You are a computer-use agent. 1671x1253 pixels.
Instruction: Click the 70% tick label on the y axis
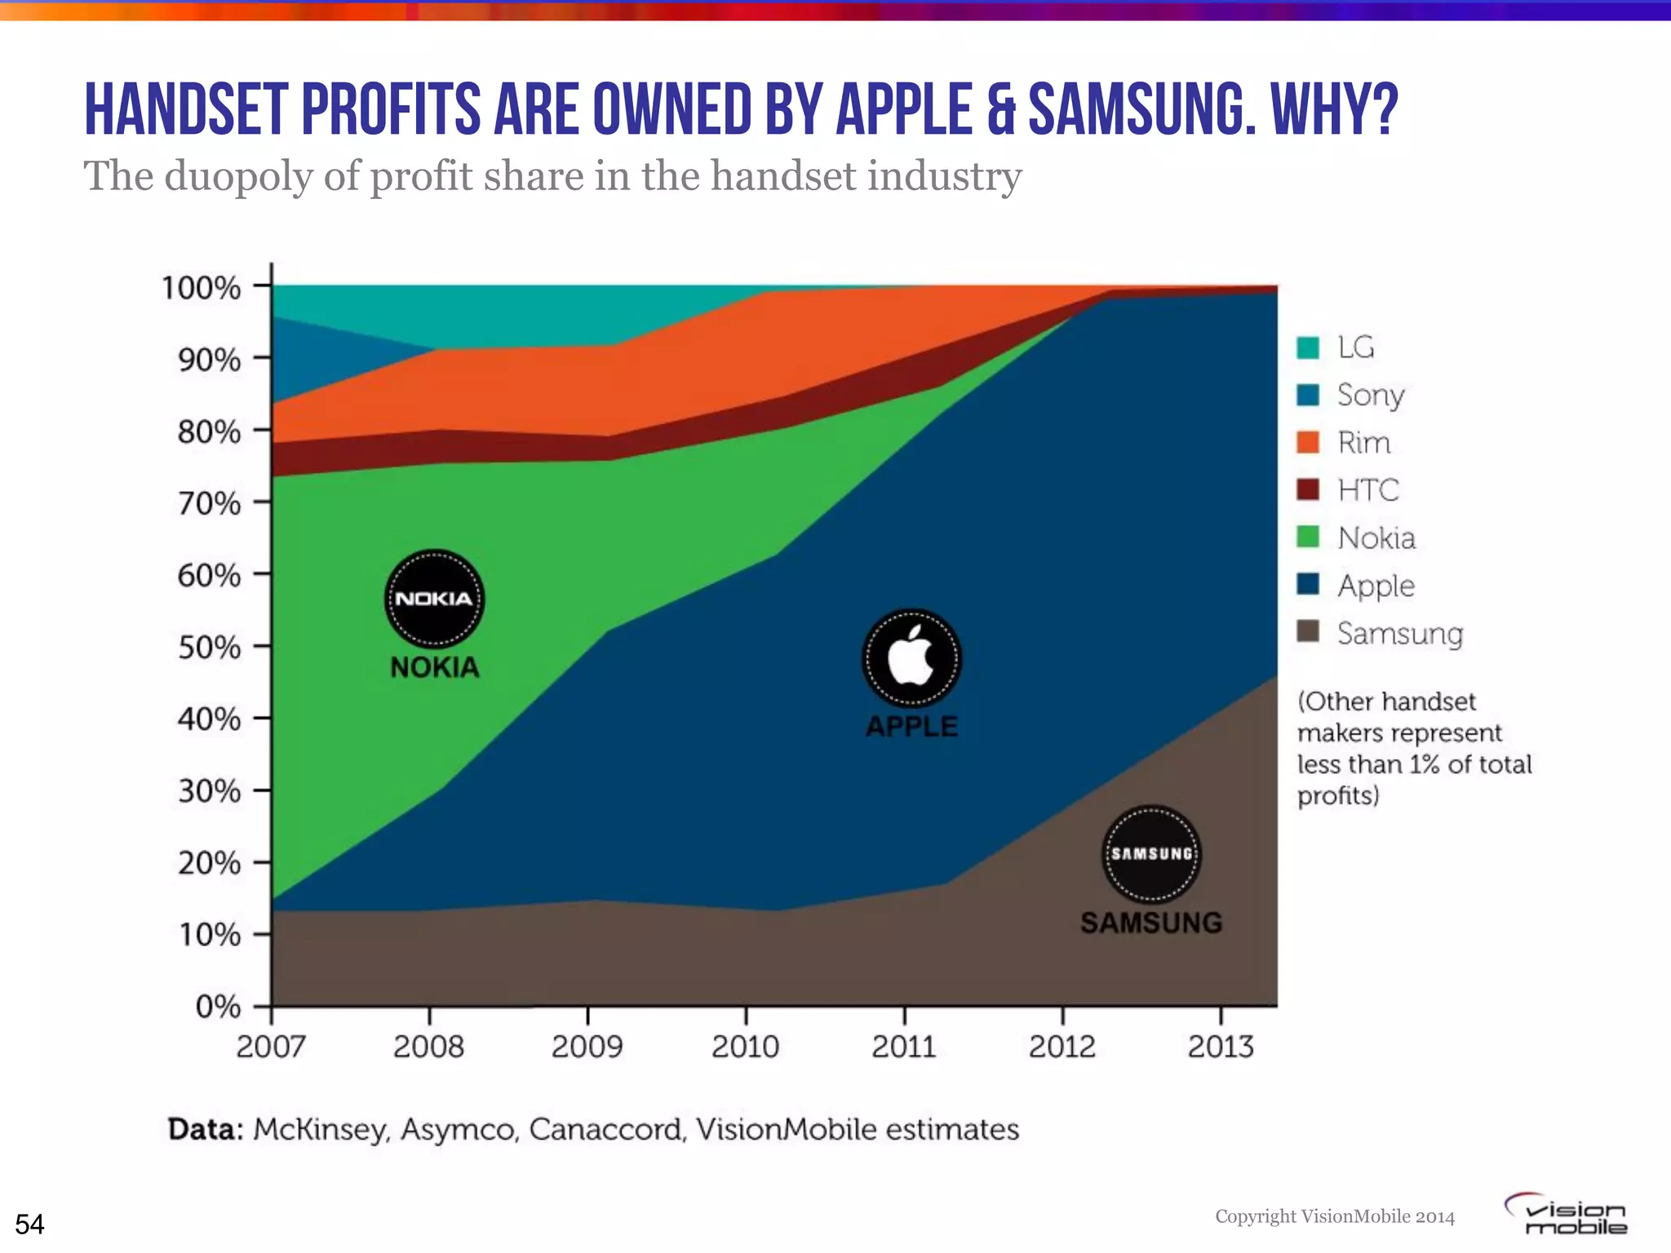coord(209,503)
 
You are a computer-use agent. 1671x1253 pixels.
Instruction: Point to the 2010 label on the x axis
coord(745,1047)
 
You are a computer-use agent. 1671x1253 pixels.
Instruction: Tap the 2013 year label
coord(1220,1047)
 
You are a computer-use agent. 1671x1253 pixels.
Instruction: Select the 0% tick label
coord(218,1007)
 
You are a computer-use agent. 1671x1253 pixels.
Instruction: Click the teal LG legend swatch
coord(1308,348)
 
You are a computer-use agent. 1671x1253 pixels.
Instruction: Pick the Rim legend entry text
coord(1363,443)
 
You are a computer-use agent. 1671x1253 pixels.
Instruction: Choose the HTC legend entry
coord(1367,490)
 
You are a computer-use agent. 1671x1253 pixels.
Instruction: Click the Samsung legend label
coord(1399,634)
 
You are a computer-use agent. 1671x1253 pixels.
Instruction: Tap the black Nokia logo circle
coord(434,599)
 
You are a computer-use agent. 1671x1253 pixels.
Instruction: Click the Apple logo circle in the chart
coord(911,657)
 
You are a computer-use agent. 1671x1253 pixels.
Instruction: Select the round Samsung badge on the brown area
coord(1151,854)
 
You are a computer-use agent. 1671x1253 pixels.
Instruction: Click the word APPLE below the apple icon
coord(911,726)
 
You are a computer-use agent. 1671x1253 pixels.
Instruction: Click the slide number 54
coord(29,1224)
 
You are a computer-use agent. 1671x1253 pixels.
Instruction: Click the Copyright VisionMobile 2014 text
coord(1335,1216)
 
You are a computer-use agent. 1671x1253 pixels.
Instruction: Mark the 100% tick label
coord(201,288)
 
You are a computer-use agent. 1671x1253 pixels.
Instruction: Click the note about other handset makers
coord(1414,748)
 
